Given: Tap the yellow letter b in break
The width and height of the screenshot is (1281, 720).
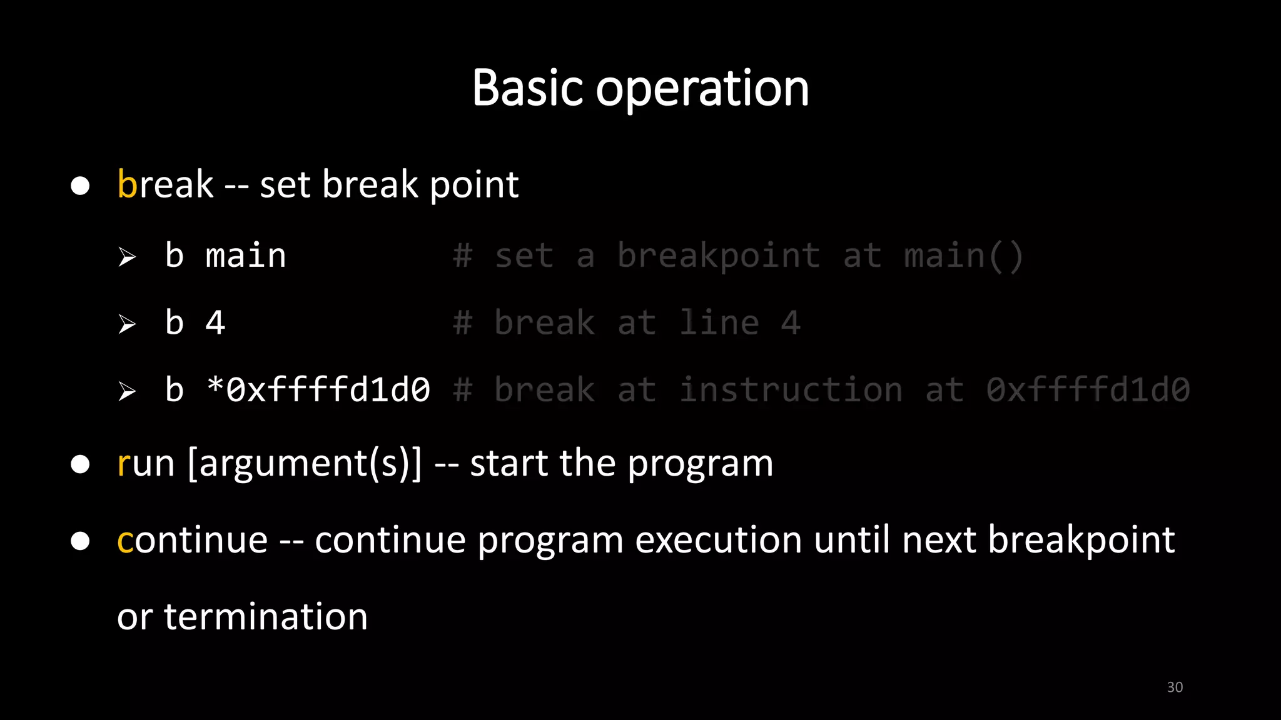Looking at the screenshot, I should [126, 184].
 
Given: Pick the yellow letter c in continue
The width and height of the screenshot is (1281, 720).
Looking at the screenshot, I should [124, 541].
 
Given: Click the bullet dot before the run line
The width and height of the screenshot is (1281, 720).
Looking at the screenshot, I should [80, 464].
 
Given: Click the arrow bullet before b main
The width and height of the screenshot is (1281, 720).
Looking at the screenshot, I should [127, 257].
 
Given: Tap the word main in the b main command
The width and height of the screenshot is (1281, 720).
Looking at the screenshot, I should [245, 256].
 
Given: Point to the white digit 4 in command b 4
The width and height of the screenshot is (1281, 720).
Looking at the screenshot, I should [215, 323].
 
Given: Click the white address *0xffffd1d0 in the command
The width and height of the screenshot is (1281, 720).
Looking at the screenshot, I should [318, 390].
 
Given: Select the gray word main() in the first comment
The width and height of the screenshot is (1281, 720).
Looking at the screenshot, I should [963, 256].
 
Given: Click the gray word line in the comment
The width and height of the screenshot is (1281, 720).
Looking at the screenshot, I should [719, 323].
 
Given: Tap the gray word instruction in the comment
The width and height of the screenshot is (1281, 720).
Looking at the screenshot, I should [791, 390].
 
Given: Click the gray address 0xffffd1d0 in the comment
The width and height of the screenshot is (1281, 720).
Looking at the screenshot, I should [1087, 390].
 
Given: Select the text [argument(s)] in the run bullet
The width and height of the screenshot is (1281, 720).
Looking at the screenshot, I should [305, 464].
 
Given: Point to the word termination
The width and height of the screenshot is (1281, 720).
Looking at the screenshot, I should [266, 617].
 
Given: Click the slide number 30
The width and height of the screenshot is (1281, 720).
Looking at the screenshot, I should [1175, 687].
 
